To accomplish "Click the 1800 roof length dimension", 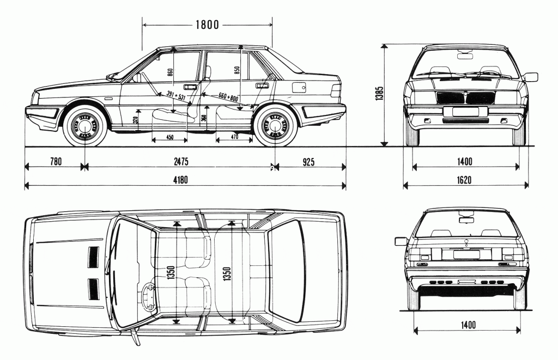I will tap(207, 24).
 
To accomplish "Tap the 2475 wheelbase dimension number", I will tap(179, 161).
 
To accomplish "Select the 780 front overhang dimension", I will tap(56, 161).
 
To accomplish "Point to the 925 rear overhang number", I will tap(308, 161).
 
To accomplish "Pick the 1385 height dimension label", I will tap(380, 94).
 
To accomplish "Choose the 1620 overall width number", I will tap(465, 180).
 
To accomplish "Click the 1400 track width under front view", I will tap(465, 161).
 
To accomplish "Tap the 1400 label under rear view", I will tap(468, 325).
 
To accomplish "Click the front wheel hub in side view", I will tap(84, 127).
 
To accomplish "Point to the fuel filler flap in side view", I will tap(299, 86).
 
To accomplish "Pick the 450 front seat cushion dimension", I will tap(169, 137).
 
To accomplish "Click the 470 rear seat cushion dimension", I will tap(234, 137).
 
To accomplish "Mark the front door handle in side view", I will tap(190, 87).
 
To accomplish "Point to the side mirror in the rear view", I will tap(401, 241).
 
